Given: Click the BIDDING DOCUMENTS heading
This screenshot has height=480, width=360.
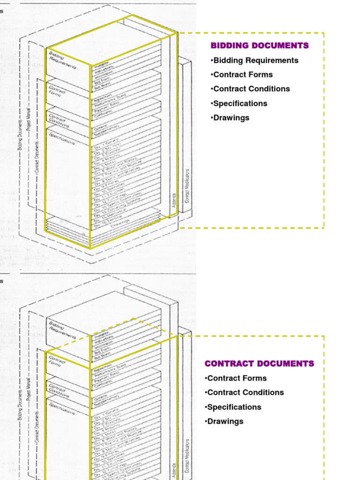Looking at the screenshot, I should click(x=260, y=45).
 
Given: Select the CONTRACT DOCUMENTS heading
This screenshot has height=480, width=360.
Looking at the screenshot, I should click(x=259, y=363).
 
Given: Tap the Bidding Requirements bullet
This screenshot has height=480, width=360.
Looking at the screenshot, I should click(x=255, y=60).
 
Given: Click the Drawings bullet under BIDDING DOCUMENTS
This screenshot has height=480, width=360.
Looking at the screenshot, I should click(x=230, y=118).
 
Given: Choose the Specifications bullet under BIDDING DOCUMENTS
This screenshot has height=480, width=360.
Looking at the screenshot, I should click(x=239, y=103).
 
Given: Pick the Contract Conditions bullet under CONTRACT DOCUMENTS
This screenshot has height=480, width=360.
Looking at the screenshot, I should click(x=244, y=392).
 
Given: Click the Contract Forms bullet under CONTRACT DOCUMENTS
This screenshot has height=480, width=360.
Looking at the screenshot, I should click(x=235, y=378).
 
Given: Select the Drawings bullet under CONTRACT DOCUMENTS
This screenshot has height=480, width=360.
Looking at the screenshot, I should click(x=224, y=421).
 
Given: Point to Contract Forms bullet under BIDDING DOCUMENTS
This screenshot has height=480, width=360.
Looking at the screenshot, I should click(x=241, y=75).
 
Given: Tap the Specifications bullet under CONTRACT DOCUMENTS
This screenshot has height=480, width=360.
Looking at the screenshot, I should click(x=233, y=407).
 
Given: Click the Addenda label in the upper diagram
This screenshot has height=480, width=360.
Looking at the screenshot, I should click(x=173, y=200).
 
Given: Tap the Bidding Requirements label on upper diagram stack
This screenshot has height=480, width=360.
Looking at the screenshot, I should click(x=62, y=60).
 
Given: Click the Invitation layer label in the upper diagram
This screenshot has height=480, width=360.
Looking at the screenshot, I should click(x=104, y=66).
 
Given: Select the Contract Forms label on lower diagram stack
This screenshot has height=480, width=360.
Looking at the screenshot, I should click(x=56, y=360).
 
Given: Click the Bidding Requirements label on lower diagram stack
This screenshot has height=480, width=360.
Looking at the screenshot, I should click(x=62, y=330).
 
